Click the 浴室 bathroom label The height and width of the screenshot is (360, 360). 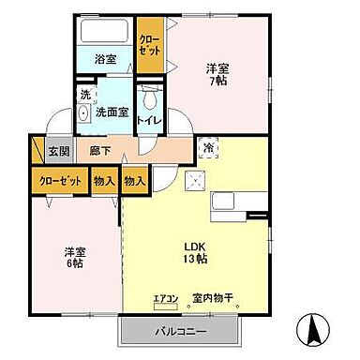point(104,60)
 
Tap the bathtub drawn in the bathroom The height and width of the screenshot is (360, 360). point(104,33)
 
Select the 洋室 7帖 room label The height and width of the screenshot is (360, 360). point(217,74)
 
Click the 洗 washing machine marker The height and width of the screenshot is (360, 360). point(83,94)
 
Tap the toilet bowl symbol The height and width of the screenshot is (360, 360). point(149,99)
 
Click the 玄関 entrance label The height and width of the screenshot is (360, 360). point(58,150)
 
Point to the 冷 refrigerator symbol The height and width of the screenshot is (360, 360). point(207,148)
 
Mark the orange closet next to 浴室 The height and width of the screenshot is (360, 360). point(148,43)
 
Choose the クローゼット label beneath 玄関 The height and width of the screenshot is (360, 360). point(60,181)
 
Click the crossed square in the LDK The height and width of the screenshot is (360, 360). point(196,182)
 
